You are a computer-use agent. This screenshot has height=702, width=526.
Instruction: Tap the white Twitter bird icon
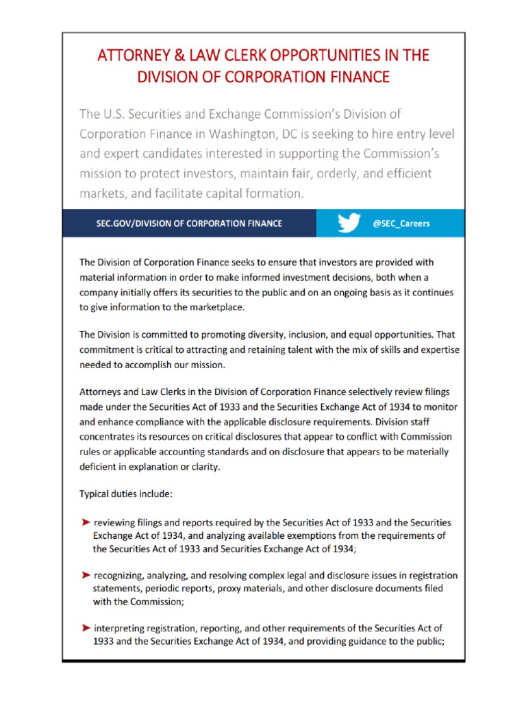[x=349, y=223]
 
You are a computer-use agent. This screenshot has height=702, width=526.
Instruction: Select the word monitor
[x=438, y=407]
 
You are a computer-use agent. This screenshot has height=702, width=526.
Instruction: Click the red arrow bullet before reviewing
[x=86, y=522]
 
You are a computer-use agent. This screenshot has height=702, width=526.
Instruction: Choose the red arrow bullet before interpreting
[x=86, y=627]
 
